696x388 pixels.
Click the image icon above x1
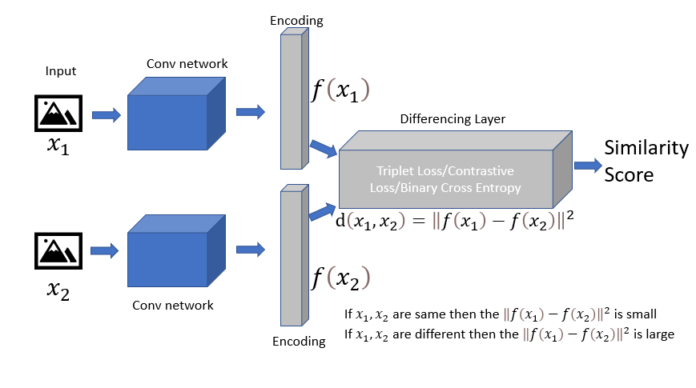(61, 114)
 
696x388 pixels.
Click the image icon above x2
(61, 250)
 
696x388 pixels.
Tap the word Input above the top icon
(61, 71)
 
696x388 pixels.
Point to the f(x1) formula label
(340, 90)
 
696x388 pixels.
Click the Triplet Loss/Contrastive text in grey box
(445, 171)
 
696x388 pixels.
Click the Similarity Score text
(646, 160)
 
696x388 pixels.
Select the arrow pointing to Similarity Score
(586, 165)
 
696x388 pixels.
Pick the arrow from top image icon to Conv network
(106, 116)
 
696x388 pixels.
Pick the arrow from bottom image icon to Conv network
(106, 251)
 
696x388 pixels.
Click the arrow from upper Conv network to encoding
(251, 111)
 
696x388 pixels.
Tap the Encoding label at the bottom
(299, 342)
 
